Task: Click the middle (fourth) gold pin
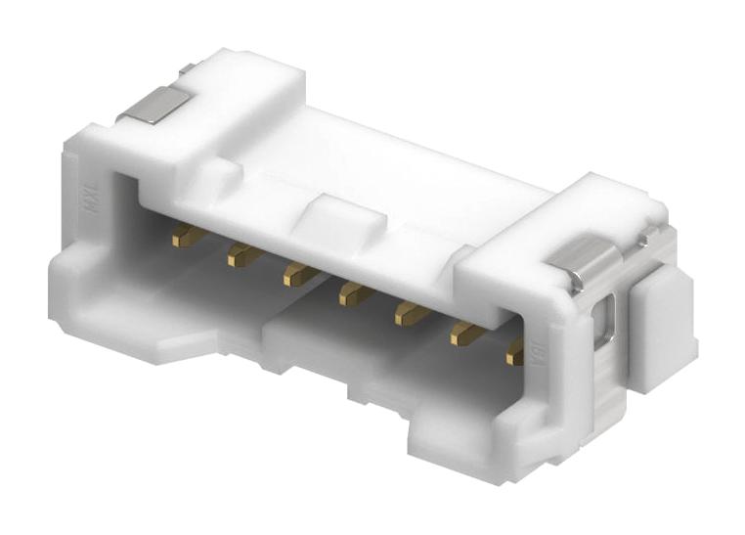[x=353, y=293]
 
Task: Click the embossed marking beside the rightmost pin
[x=537, y=348]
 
